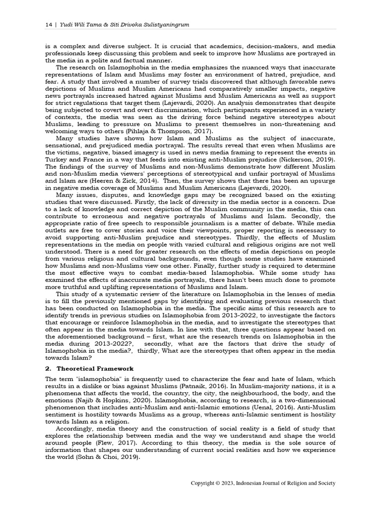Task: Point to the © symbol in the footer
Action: [219, 483]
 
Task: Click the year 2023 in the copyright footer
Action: [229, 483]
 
